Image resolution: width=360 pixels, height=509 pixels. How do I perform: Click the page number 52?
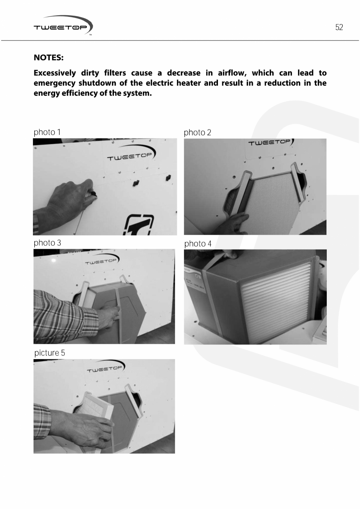339,27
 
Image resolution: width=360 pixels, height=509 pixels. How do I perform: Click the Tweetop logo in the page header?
63,26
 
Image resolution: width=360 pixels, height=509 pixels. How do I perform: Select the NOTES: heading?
49,58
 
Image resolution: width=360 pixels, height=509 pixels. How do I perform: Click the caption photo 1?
47,132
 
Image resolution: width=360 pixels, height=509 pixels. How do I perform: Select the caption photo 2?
197,133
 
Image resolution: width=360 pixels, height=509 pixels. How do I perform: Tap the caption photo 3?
47,243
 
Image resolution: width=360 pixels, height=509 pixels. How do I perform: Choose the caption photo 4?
198,244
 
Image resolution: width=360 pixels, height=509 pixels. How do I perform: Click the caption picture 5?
50,353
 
